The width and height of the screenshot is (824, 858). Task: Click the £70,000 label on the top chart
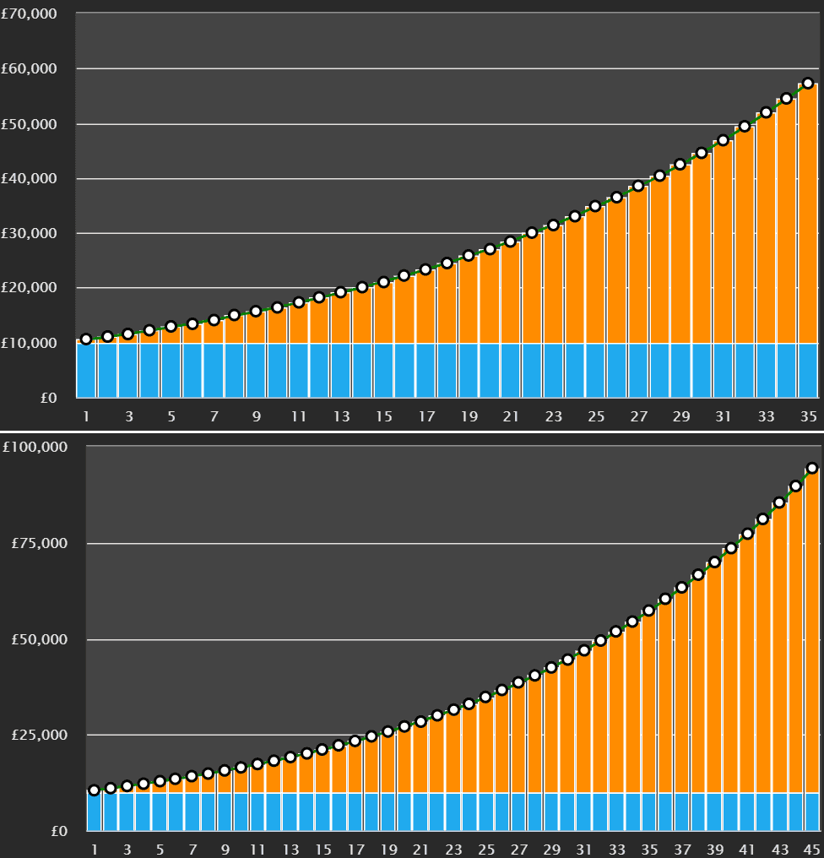click(30, 14)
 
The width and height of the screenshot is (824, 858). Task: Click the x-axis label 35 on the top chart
click(808, 416)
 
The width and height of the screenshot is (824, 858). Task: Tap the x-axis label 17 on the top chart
click(426, 416)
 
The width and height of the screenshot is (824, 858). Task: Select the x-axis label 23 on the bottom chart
click(453, 849)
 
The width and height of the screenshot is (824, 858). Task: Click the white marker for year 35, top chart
click(808, 84)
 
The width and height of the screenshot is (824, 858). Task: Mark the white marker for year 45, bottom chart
click(812, 468)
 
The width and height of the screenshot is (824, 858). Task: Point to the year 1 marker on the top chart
click(86, 339)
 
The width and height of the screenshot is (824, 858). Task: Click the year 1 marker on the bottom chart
click(94, 790)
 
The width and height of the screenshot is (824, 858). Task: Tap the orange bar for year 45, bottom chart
click(812, 633)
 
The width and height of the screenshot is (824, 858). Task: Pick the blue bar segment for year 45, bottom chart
click(812, 812)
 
